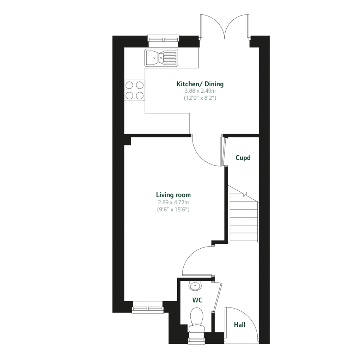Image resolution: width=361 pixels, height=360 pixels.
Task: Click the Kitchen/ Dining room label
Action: [x=200, y=84]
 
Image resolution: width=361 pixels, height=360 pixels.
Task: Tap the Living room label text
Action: [x=173, y=195]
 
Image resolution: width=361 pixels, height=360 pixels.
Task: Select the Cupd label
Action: [x=243, y=158]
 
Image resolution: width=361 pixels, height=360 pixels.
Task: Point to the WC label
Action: [x=197, y=300]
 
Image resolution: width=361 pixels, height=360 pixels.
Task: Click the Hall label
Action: [x=240, y=325]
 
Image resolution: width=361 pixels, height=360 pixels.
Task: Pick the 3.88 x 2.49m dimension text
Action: [x=200, y=91]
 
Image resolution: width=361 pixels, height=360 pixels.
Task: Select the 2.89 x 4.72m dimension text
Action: [x=173, y=202]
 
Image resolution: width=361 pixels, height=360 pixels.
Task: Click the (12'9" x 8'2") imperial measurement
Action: [x=200, y=98]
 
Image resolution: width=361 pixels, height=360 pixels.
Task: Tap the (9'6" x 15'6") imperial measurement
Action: [x=173, y=210]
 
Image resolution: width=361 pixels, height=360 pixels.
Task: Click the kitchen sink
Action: [x=161, y=57]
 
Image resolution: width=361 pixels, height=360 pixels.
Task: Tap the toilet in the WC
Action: [x=196, y=319]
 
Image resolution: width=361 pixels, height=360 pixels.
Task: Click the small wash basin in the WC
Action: [x=195, y=285]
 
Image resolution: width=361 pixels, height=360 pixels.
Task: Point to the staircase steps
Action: [x=244, y=218]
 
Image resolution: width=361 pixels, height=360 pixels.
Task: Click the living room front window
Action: [x=147, y=307]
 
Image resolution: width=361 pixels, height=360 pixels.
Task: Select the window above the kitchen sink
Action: [x=163, y=41]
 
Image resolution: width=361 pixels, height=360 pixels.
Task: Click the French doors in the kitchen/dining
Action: [x=225, y=26]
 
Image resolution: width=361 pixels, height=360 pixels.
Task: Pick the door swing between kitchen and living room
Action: [x=206, y=151]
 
